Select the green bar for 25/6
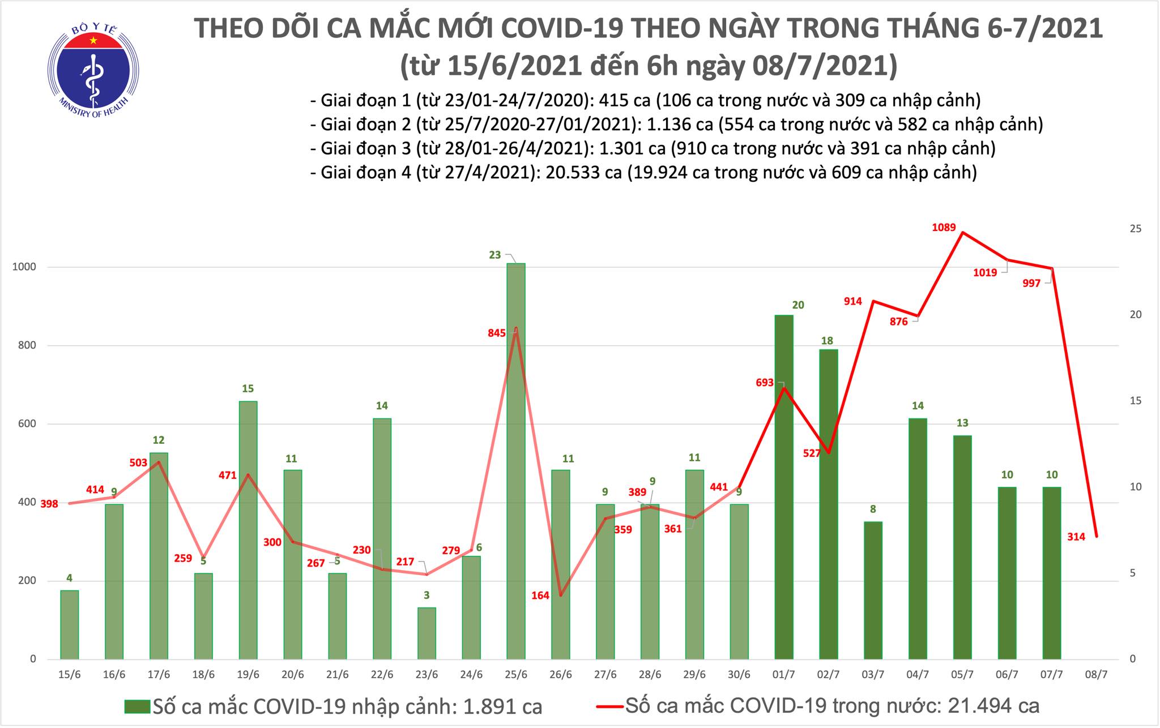coord(515,461)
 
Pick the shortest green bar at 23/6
coord(427,633)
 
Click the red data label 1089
coord(944,228)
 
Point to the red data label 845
coord(496,333)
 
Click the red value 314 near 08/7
coord(1076,537)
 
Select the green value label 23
coord(494,255)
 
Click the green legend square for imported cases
coord(137,706)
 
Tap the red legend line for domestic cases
coord(610,706)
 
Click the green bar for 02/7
coord(828,504)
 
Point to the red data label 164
coord(540,596)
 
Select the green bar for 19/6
coord(248,530)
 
